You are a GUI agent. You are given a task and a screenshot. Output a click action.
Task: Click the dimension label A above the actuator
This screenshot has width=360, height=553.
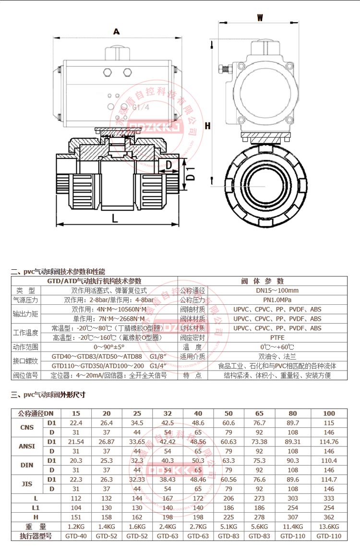pyautogui.click(x=116, y=32)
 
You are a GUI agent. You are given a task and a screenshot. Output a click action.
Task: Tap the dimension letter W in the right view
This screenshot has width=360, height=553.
pyautogui.click(x=260, y=18)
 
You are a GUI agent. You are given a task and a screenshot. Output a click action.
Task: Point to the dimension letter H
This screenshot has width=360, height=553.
pyautogui.click(x=208, y=126)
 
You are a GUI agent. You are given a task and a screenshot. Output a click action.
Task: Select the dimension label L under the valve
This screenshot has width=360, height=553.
pyautogui.click(x=115, y=218)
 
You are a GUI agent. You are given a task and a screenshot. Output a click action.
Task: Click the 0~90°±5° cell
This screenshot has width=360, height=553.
pyautogui.click(x=109, y=347)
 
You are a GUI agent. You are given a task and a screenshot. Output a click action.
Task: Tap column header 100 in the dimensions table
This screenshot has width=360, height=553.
pyautogui.click(x=329, y=413)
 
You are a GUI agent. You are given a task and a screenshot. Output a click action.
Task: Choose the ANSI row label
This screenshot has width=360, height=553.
pyautogui.click(x=27, y=446)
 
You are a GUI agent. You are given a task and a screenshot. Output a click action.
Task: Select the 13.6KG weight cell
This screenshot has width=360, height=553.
pyautogui.click(x=329, y=527)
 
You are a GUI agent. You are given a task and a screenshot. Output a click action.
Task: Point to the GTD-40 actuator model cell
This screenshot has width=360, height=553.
pyautogui.click(x=76, y=536)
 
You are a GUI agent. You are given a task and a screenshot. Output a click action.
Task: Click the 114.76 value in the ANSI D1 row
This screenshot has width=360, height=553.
pyautogui.click(x=329, y=442)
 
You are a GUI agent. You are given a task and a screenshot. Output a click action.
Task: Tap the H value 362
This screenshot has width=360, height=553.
pyautogui.click(x=329, y=517)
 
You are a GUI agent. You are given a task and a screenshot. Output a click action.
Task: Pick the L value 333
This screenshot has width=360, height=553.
pyautogui.click(x=329, y=498)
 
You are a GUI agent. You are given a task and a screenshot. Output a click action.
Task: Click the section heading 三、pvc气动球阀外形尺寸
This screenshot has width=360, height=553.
pyautogui.click(x=48, y=395)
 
